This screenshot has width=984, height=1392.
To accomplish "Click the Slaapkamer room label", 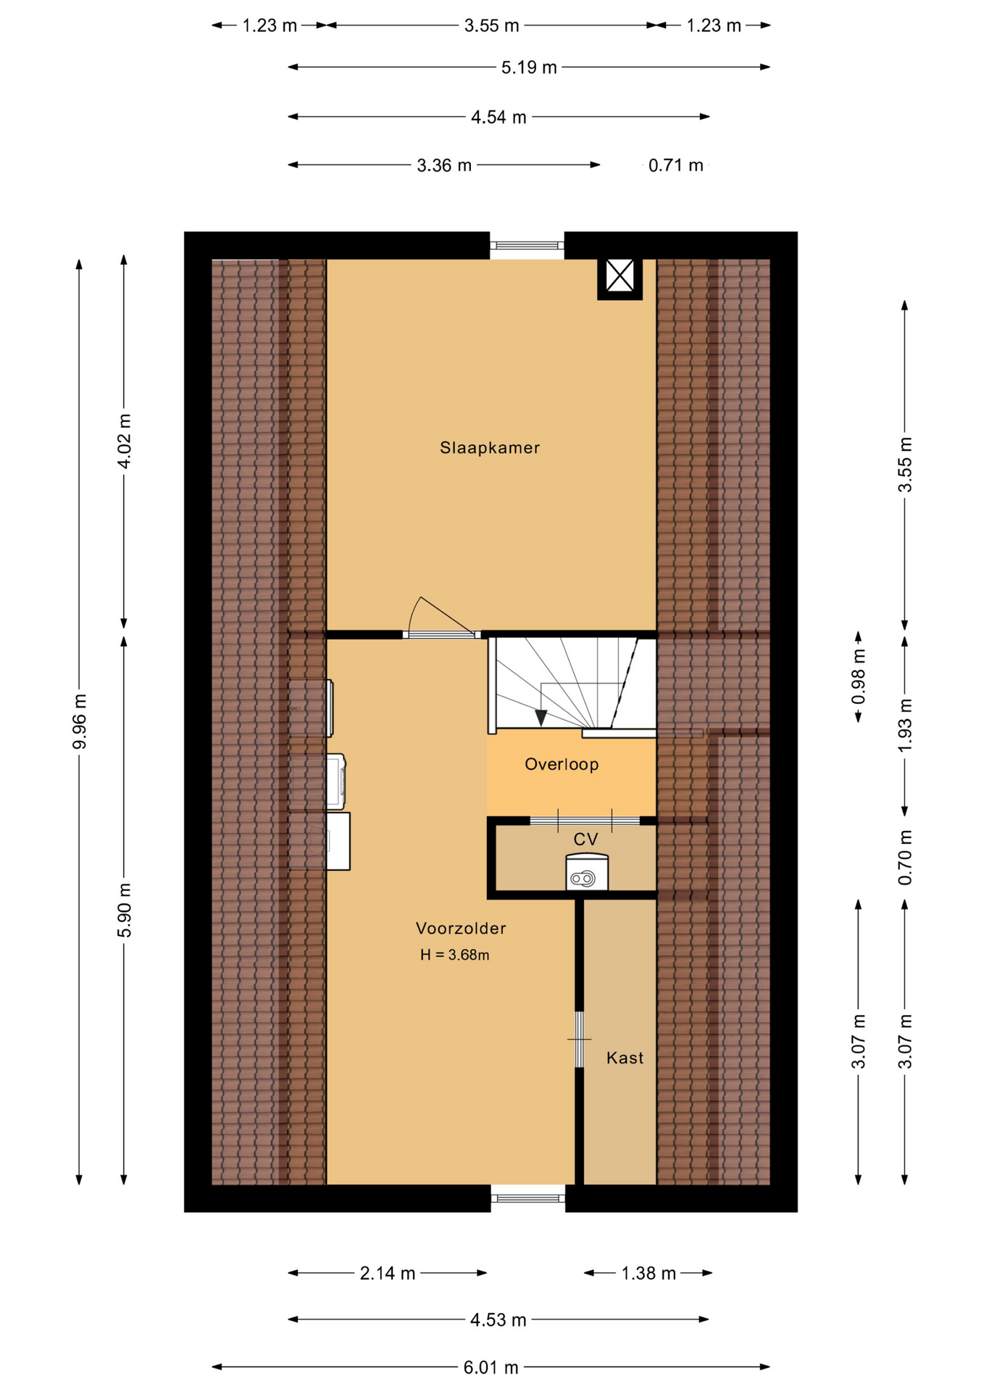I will pyautogui.click(x=490, y=448).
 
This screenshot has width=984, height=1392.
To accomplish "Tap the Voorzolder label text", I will pyautogui.click(x=461, y=928).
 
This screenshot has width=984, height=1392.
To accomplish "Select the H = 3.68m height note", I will pyautogui.click(x=454, y=956).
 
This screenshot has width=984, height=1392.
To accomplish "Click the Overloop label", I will pyautogui.click(x=562, y=764).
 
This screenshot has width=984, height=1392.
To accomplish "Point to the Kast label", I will pyautogui.click(x=625, y=1058).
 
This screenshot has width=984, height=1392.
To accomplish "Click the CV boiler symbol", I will pyautogui.click(x=586, y=872).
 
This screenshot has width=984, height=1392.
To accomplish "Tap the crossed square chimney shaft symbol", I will pyautogui.click(x=620, y=276).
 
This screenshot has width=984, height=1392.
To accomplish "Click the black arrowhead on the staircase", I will pyautogui.click(x=541, y=718).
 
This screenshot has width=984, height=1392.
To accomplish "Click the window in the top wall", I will pyautogui.click(x=527, y=246).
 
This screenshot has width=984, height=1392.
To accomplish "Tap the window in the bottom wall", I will pyautogui.click(x=528, y=1198).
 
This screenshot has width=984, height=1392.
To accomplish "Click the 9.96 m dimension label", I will pyautogui.click(x=80, y=721).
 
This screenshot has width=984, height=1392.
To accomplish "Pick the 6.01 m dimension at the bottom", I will pyautogui.click(x=491, y=1367).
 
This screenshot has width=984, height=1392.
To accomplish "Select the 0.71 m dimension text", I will pyautogui.click(x=675, y=165).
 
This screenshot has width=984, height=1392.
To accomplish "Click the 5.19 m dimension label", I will pyautogui.click(x=529, y=67).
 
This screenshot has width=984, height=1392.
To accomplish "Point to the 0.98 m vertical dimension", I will pyautogui.click(x=859, y=676).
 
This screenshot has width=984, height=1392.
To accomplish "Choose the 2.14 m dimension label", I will pyautogui.click(x=388, y=1273).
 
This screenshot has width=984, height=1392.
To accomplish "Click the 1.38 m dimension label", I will pyautogui.click(x=649, y=1273).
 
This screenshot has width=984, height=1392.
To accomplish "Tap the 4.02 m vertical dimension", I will pyautogui.click(x=124, y=442).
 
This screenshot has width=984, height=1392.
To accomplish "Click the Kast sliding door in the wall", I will pyautogui.click(x=579, y=1040).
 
